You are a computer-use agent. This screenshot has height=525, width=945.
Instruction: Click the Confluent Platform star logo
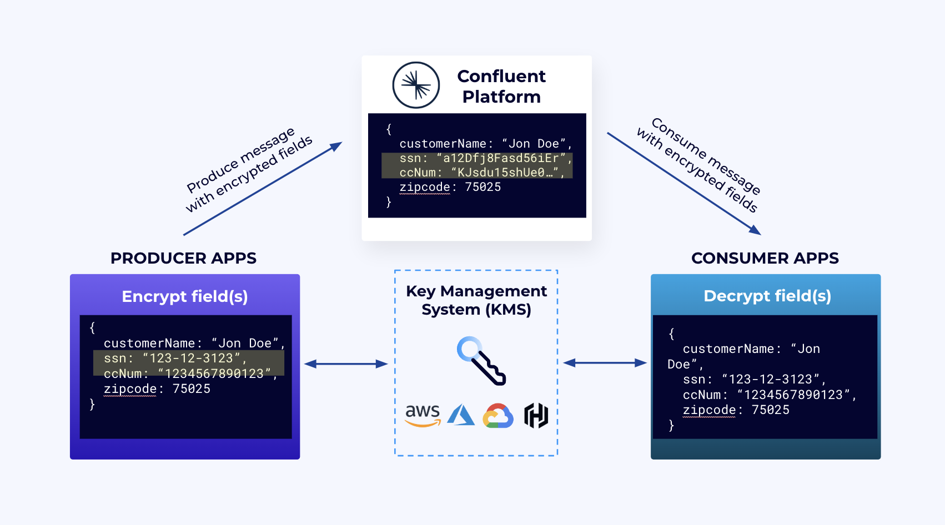click(416, 85)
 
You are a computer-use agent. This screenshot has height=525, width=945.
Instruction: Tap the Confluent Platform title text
click(501, 86)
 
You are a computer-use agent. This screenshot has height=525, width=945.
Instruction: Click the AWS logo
click(423, 415)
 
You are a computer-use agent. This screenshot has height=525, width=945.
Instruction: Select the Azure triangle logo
click(461, 415)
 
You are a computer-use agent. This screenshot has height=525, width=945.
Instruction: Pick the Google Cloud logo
click(497, 416)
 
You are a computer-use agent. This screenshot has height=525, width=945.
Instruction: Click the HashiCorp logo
click(536, 416)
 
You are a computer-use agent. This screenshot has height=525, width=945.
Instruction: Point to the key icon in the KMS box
click(481, 361)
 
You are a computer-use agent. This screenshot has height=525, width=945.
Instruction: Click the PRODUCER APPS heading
click(183, 258)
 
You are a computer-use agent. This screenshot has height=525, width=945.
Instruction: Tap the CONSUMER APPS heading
click(765, 258)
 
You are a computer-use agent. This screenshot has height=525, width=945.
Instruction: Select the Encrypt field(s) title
click(184, 296)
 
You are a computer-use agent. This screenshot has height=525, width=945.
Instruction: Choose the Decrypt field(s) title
click(767, 296)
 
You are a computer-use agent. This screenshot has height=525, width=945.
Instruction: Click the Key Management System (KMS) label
click(476, 300)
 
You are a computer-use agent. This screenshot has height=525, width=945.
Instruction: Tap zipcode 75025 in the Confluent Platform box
click(450, 187)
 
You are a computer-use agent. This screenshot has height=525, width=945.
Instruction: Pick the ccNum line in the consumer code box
click(769, 395)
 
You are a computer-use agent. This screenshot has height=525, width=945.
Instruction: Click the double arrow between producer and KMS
click(346, 364)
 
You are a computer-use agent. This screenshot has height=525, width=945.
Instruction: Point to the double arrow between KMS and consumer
click(605, 363)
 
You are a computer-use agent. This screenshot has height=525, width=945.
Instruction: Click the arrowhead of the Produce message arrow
click(336, 146)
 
